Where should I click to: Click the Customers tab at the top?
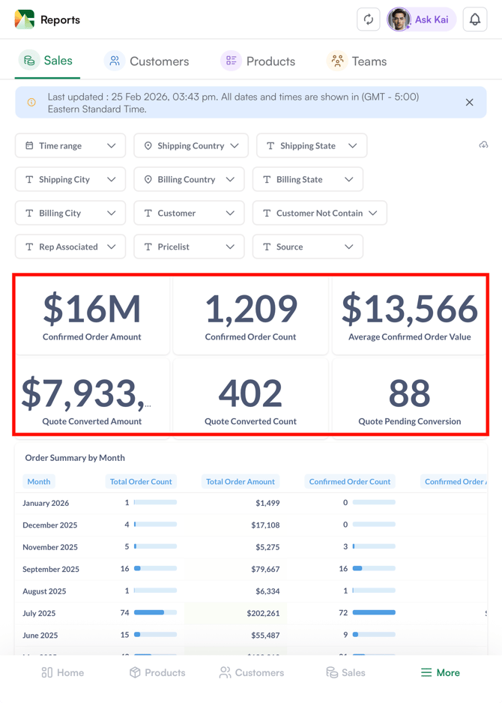click(147, 61)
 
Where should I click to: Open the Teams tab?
click(357, 61)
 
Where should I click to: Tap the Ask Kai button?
click(421, 19)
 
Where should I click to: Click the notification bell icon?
click(475, 19)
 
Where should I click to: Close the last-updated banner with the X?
click(470, 103)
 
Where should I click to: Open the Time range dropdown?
click(70, 145)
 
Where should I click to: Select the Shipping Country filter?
click(191, 145)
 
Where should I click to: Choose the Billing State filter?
click(308, 179)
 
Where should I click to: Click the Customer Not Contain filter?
click(320, 213)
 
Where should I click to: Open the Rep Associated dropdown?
click(70, 247)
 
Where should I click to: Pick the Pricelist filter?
click(189, 247)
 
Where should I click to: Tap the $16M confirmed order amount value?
click(92, 309)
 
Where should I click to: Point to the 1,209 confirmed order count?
click(250, 309)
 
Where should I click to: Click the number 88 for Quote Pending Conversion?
click(409, 393)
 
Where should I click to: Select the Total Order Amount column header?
click(241, 482)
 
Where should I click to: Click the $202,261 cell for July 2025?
click(263, 613)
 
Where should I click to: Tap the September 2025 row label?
click(50, 569)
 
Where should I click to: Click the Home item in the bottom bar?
click(63, 672)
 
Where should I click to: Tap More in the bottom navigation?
click(441, 672)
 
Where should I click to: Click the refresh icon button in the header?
click(369, 19)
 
